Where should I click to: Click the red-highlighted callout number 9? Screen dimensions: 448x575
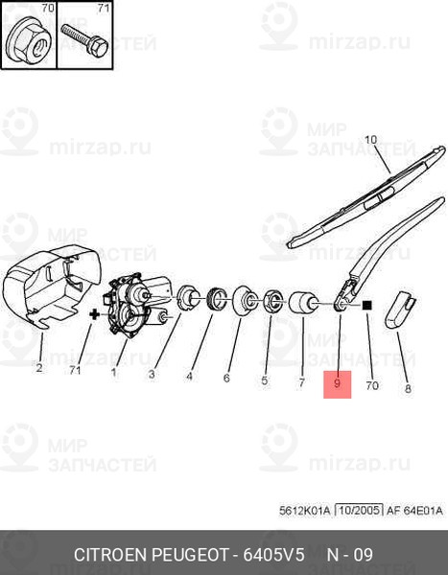[337, 383]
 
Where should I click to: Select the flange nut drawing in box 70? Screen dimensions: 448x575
[29, 41]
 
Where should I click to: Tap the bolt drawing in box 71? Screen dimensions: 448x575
[84, 39]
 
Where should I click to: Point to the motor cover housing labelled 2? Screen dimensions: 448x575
[52, 285]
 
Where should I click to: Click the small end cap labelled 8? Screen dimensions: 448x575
[399, 309]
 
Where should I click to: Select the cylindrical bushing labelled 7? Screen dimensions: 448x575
[303, 302]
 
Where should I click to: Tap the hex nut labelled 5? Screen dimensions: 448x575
[271, 301]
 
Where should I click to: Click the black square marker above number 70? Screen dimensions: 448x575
[367, 306]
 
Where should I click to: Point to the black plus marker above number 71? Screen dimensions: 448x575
[95, 314]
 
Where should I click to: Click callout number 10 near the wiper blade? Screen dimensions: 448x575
[370, 140]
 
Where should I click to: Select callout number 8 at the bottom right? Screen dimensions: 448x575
[408, 389]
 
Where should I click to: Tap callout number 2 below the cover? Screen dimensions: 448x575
[39, 367]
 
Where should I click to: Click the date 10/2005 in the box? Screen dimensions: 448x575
[359, 511]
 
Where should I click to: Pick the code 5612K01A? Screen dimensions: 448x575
[305, 511]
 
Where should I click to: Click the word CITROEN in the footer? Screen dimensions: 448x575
[110, 555]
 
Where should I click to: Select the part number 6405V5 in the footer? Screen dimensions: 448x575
[274, 555]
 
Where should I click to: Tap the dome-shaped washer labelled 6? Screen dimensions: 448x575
[244, 299]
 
